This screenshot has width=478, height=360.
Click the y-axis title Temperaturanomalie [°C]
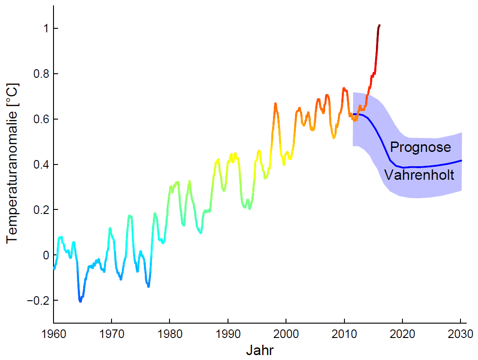coord(13,163)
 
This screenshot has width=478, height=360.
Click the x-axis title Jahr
coord(260,350)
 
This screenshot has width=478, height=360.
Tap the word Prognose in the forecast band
coord(420,147)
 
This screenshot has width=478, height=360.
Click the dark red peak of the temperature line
coord(380,26)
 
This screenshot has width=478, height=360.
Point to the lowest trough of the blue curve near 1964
coord(80,301)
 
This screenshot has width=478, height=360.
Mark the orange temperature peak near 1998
coord(275,104)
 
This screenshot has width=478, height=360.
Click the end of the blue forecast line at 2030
coord(461,160)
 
